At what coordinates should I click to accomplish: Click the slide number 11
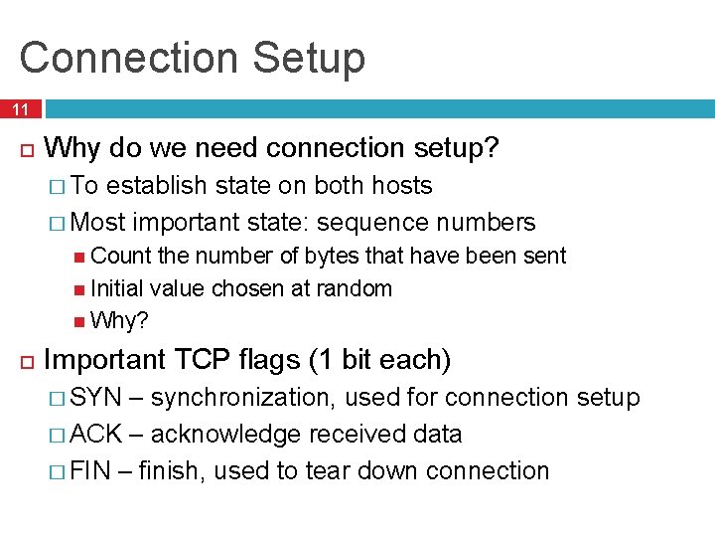click(21, 109)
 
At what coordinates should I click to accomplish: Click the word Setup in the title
click(308, 58)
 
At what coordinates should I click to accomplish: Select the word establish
click(156, 186)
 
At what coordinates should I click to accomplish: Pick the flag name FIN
click(90, 470)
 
